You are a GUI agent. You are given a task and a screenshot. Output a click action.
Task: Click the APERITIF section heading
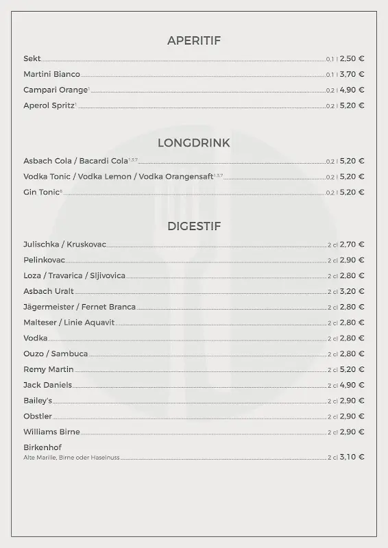[x=194, y=40]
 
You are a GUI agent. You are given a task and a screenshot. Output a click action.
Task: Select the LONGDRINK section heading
[x=194, y=143]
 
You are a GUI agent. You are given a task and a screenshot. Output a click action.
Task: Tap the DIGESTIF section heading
[x=194, y=226]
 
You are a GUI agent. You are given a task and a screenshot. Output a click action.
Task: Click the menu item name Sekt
[x=32, y=59]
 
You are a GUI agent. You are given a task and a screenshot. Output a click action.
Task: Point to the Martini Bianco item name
[x=51, y=74]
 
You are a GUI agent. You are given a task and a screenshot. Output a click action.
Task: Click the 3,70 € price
[x=352, y=74]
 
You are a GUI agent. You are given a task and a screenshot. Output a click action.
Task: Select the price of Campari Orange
[x=352, y=90]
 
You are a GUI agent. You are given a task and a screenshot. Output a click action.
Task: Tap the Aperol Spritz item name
[x=49, y=105]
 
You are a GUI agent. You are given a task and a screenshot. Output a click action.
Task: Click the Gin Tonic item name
[x=42, y=192]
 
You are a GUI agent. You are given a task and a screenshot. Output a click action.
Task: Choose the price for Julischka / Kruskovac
[x=352, y=244]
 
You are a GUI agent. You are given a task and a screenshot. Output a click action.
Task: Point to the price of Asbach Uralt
[x=352, y=291]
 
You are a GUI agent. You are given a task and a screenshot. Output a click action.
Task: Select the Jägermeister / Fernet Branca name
[x=80, y=307]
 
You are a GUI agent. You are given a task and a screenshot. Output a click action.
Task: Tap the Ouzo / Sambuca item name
[x=56, y=353]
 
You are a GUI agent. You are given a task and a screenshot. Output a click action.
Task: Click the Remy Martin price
[x=352, y=369]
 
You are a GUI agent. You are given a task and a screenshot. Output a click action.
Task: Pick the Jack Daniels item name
[x=47, y=385]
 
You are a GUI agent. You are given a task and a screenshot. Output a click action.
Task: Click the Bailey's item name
[x=38, y=401]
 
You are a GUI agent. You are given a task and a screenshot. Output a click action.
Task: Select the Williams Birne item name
[x=51, y=432]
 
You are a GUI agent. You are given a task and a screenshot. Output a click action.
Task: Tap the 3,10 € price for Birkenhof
[x=352, y=457]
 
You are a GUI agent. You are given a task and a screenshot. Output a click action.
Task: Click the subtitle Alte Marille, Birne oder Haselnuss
[x=72, y=457]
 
